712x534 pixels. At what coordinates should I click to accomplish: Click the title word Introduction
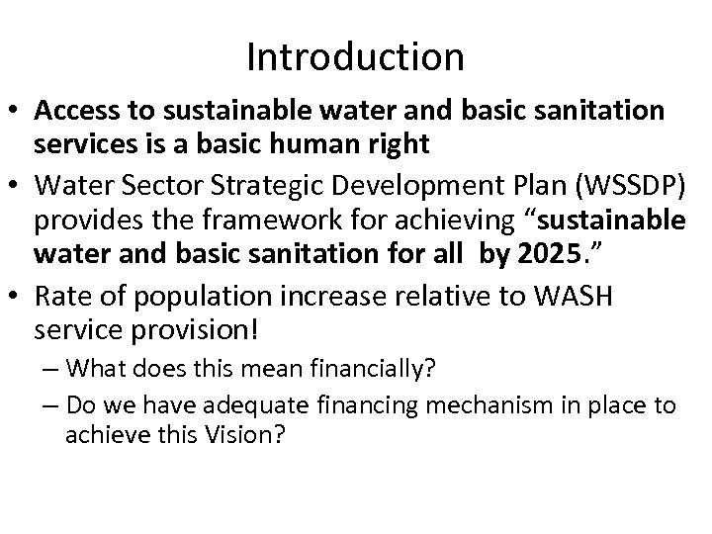(355, 56)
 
